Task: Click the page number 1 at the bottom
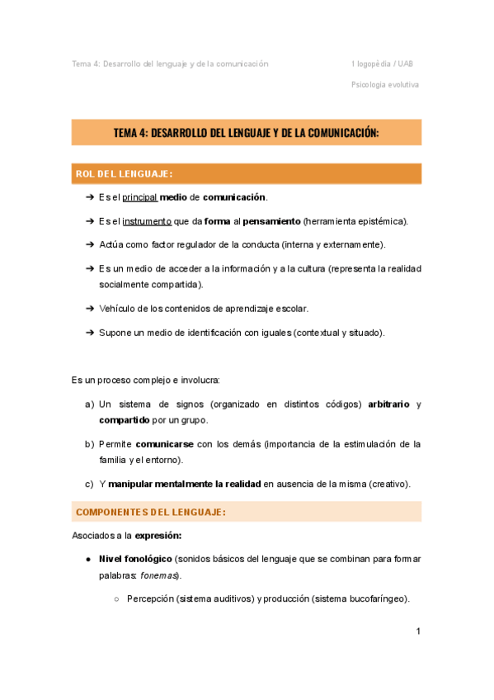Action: tap(418, 631)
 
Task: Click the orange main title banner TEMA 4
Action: tap(247, 132)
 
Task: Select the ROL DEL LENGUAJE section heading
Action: tap(124, 174)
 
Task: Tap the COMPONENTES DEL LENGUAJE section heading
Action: tap(150, 512)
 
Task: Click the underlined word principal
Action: tap(140, 197)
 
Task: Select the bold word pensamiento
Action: tap(271, 221)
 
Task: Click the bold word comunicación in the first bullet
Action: tap(234, 197)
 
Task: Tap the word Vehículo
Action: tap(119, 309)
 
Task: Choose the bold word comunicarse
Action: tap(164, 444)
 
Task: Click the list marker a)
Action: tap(89, 404)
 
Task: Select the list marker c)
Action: tap(89, 484)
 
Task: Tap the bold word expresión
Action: tap(158, 535)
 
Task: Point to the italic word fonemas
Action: tap(158, 575)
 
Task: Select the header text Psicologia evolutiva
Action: tap(385, 84)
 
